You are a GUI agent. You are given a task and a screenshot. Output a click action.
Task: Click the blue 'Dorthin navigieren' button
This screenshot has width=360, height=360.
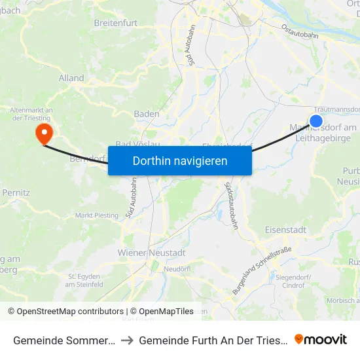(180, 160)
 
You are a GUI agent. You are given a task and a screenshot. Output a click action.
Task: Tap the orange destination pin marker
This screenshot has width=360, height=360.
(44, 133)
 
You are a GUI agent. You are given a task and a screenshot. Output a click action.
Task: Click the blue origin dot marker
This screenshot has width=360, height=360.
(316, 120)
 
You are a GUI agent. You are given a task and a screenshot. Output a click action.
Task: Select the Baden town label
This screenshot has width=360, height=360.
(146, 114)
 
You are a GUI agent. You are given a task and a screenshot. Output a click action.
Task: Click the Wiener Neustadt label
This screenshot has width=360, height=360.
(151, 253)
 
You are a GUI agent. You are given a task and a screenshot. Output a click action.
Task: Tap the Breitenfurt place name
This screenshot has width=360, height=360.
(118, 22)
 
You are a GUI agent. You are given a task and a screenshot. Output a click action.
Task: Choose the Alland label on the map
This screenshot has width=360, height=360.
(71, 78)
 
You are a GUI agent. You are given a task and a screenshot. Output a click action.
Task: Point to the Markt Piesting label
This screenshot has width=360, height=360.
(98, 215)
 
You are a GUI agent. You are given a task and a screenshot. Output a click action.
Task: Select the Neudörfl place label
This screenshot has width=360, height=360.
(177, 269)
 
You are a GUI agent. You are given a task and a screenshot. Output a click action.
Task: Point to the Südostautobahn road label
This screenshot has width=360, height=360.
(230, 204)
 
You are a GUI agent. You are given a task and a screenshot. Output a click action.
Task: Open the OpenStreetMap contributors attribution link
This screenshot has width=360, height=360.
(65, 312)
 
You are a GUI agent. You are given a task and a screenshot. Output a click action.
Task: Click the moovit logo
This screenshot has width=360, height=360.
(321, 339)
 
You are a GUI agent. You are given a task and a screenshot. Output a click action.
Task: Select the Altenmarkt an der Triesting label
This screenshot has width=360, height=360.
(31, 114)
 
